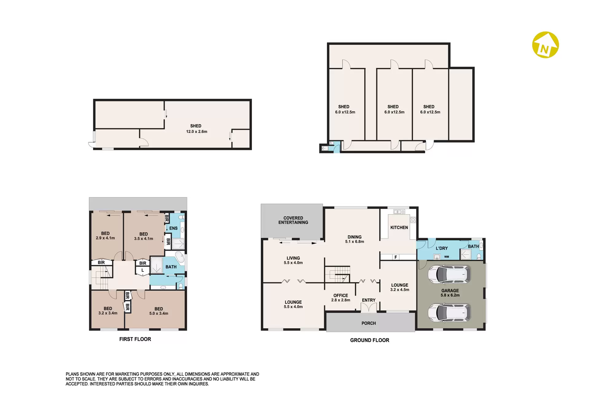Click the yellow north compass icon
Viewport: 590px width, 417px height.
point(545,45)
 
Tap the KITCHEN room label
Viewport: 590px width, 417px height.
point(399,227)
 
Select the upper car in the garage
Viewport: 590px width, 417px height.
point(449,274)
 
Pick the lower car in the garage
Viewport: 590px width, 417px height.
point(449,313)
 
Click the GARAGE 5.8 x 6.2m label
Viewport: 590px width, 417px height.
point(450,293)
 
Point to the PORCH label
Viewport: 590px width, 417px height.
point(369,323)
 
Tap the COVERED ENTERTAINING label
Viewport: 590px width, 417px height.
point(293,220)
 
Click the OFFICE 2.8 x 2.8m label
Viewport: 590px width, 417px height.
point(341,298)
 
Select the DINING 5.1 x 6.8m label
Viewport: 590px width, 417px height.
point(355,239)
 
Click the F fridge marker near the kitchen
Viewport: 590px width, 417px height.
point(396,257)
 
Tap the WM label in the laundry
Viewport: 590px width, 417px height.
point(446,257)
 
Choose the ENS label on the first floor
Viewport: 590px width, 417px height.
point(173,228)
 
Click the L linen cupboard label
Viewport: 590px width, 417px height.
point(143,270)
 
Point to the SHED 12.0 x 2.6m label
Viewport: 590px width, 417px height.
point(196,129)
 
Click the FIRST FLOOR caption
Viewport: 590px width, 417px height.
point(135,339)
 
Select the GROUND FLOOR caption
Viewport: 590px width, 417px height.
point(370,340)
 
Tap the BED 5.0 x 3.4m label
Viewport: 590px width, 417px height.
point(159,311)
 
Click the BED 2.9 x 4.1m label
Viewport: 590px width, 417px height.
point(105,236)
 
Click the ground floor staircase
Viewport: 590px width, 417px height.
point(338,274)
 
